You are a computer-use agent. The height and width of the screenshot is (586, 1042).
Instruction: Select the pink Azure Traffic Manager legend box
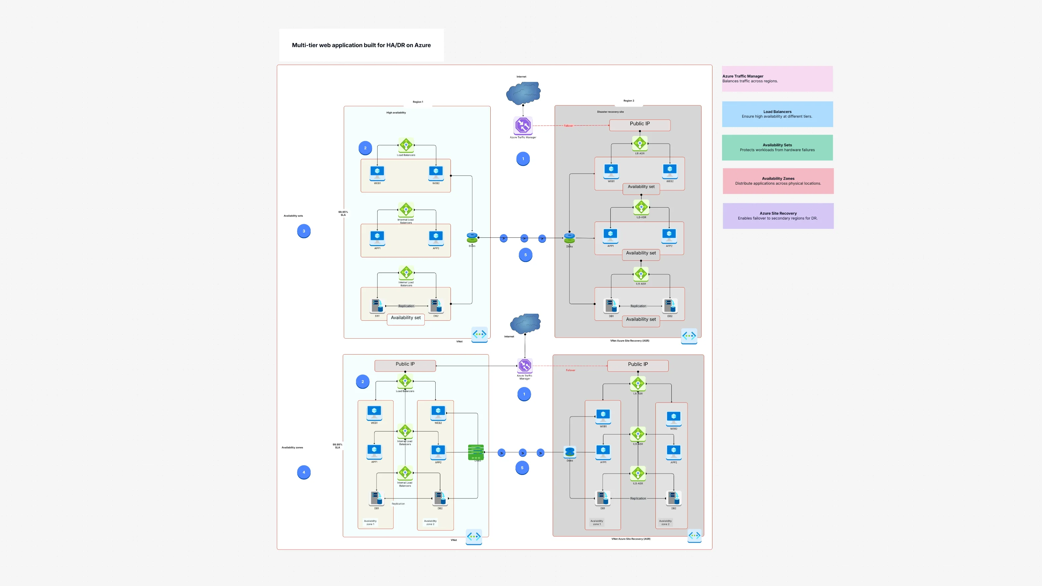pos(777,79)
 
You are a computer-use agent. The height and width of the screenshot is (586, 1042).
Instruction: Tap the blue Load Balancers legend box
pos(777,114)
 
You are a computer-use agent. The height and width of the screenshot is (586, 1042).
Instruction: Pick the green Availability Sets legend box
pos(777,147)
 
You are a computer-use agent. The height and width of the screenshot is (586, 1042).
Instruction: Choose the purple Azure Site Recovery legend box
pos(778,216)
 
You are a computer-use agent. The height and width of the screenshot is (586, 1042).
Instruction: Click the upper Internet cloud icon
pos(523,93)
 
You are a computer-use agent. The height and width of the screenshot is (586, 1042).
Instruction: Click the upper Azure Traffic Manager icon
pos(523,125)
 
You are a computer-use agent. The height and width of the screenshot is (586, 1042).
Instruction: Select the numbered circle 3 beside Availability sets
pos(304,231)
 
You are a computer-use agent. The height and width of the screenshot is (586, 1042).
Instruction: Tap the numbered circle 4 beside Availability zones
pos(304,472)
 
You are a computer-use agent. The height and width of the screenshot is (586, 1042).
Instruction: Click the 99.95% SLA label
pos(343,213)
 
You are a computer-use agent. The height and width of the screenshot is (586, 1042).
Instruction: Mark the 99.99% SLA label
pos(337,446)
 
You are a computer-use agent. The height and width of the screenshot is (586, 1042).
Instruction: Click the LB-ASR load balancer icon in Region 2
pos(640,144)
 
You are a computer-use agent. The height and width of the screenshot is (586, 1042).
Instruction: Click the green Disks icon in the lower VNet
pos(476,452)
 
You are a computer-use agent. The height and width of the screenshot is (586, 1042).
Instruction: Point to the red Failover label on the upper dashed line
pos(568,126)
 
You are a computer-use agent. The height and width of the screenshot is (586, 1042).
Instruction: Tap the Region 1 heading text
pos(418,102)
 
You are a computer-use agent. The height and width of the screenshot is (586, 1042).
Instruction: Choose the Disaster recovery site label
pos(610,112)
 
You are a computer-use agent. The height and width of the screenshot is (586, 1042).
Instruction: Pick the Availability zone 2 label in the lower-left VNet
pos(430,522)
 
